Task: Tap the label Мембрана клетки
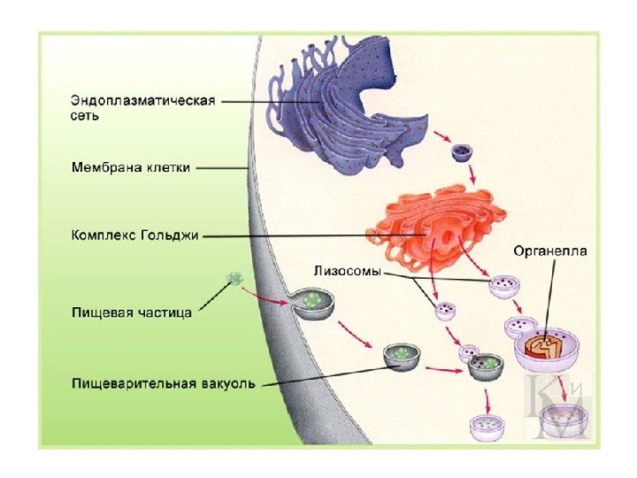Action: click(130, 166)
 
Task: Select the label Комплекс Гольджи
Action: click(135, 235)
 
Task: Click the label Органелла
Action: click(550, 251)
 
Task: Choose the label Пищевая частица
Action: click(132, 312)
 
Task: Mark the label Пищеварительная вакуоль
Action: click(163, 383)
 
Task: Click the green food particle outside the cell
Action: click(235, 278)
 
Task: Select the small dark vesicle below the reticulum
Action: click(461, 154)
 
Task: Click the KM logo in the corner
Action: click(559, 406)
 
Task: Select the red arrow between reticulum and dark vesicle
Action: click(441, 137)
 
